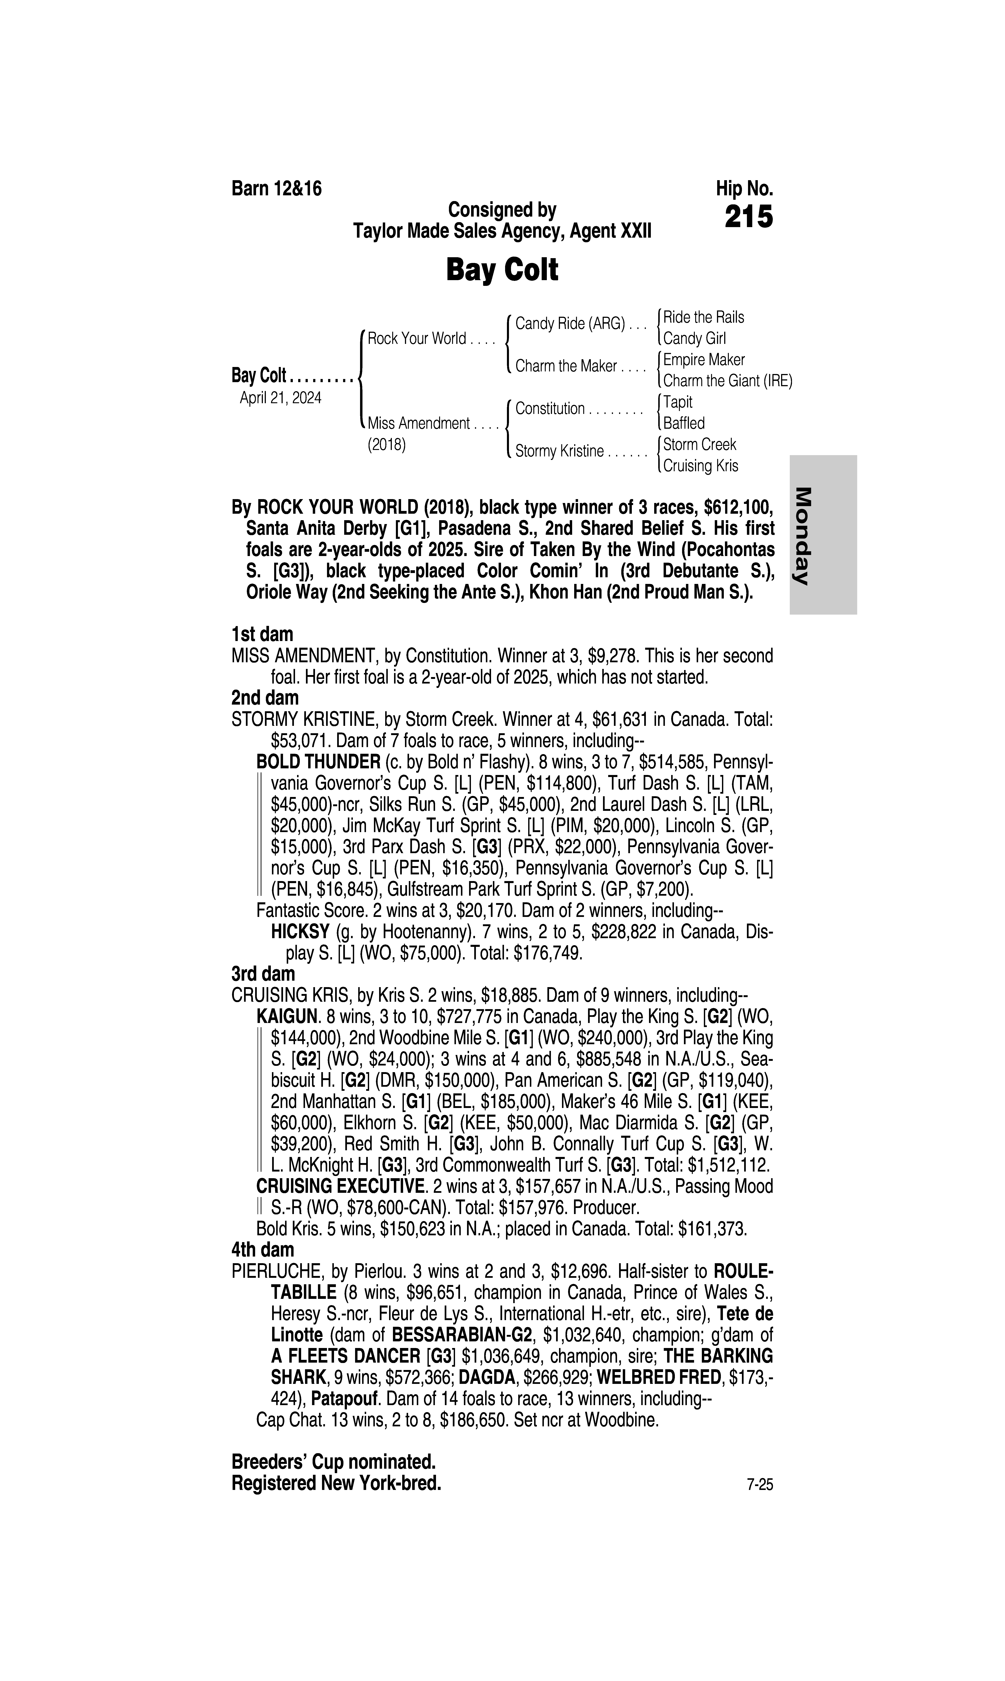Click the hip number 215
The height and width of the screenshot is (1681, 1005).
click(748, 217)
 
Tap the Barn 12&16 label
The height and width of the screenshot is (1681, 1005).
click(276, 188)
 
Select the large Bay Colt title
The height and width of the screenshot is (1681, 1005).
click(502, 270)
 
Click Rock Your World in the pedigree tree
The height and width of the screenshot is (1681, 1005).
click(416, 339)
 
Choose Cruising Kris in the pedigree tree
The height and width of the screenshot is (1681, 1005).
click(700, 466)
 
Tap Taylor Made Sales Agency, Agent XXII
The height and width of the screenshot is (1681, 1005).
click(502, 232)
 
